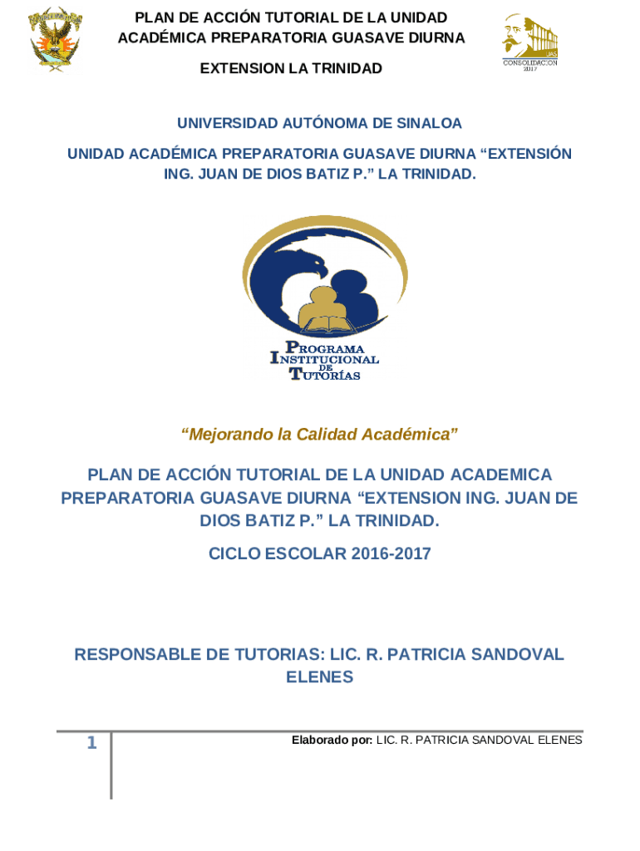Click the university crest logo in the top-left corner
pyautogui.click(x=56, y=39)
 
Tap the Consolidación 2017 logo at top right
pyautogui.click(x=529, y=42)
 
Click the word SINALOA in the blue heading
pyautogui.click(x=428, y=124)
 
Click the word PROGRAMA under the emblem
pyautogui.click(x=325, y=347)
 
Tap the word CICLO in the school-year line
pyautogui.click(x=234, y=553)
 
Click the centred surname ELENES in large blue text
pyautogui.click(x=320, y=677)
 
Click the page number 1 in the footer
pyautogui.click(x=92, y=744)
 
